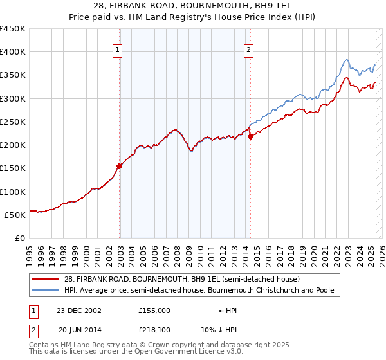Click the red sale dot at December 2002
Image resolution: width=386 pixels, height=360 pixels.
click(120, 166)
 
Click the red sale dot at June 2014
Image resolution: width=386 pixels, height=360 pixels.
click(250, 136)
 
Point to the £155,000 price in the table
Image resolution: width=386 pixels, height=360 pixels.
click(154, 310)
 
